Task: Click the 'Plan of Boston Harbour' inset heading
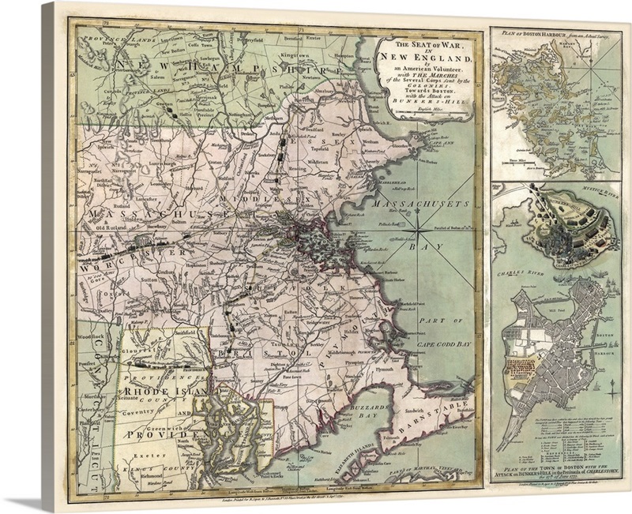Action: (x=553, y=32)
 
